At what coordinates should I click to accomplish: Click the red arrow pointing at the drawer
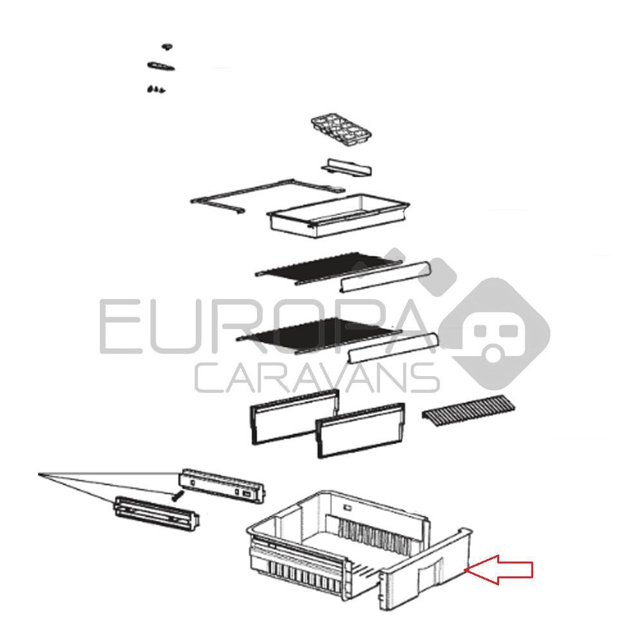coord(499,570)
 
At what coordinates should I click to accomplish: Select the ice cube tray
coord(341,131)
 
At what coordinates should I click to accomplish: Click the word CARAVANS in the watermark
coord(316,378)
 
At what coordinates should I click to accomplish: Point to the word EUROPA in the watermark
coord(263,326)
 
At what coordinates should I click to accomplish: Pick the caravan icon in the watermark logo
coord(495,334)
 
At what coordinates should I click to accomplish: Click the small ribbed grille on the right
coord(469,411)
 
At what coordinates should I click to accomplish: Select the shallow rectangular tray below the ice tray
coord(337,216)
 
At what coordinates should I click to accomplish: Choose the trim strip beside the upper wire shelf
coord(384,277)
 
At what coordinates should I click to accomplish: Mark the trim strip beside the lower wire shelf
coord(393,348)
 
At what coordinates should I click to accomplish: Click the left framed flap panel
coord(294,417)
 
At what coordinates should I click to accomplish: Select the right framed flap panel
coord(360,430)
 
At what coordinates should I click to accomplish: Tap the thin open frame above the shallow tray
coord(267,196)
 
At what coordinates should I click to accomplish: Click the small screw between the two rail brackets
coord(177,496)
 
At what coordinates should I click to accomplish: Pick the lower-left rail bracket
coord(156,513)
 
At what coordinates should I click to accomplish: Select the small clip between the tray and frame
coord(346,167)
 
